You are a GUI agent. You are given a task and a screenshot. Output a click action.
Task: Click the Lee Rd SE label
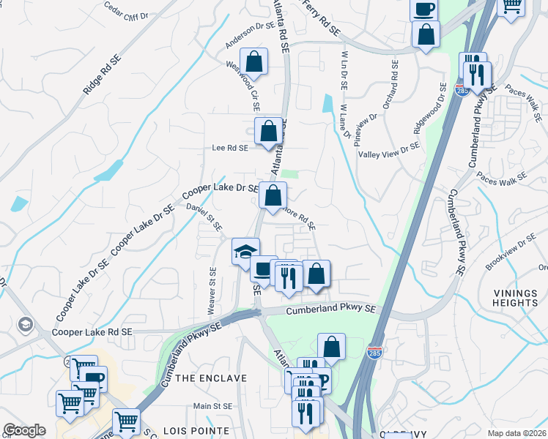point(229,147)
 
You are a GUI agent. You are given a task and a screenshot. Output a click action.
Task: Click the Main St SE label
point(212,405)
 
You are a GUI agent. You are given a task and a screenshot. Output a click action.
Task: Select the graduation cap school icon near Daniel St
point(245,251)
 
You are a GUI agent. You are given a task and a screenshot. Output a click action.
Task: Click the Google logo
point(25,430)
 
